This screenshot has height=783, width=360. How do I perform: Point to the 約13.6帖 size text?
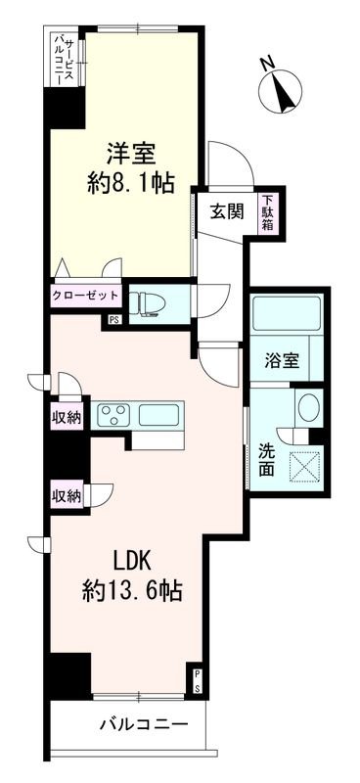pyautogui.click(x=133, y=591)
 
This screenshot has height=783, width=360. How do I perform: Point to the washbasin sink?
pyautogui.click(x=308, y=409)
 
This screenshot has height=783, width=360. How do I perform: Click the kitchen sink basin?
pyautogui.click(x=157, y=414)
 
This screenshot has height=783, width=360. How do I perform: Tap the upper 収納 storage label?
pyautogui.click(x=67, y=416)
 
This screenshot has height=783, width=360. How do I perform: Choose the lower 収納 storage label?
pyautogui.click(x=67, y=495)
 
